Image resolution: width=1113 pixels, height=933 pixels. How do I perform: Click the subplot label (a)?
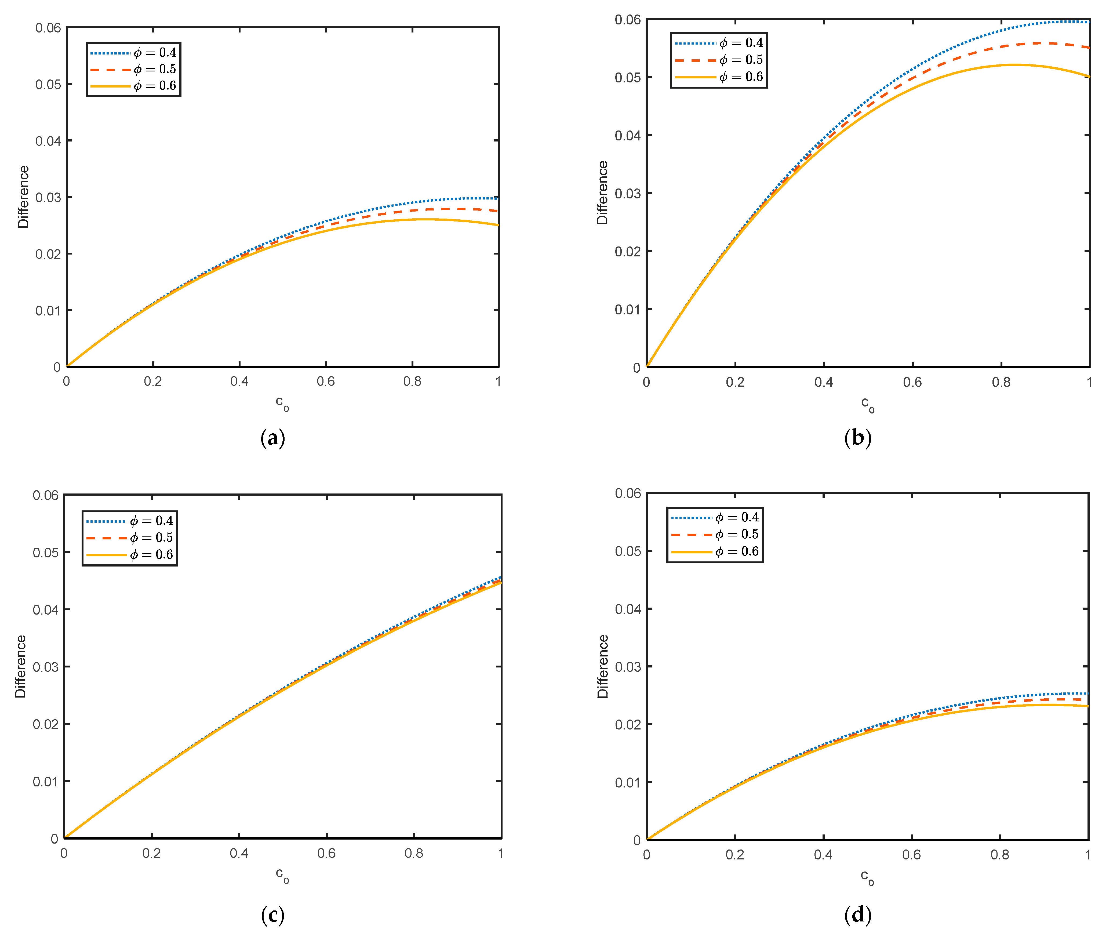click(x=273, y=438)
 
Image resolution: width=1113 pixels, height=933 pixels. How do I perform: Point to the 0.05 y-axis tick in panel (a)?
click(x=48, y=84)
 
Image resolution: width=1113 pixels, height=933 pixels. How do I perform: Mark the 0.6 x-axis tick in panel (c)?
click(x=326, y=853)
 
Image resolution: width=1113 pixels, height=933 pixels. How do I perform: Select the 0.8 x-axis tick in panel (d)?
click(x=1000, y=855)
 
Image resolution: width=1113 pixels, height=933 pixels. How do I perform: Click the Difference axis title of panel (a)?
click(x=23, y=197)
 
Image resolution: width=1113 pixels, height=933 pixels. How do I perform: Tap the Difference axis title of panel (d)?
click(x=603, y=666)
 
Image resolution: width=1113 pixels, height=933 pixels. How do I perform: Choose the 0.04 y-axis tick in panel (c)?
click(x=46, y=610)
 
